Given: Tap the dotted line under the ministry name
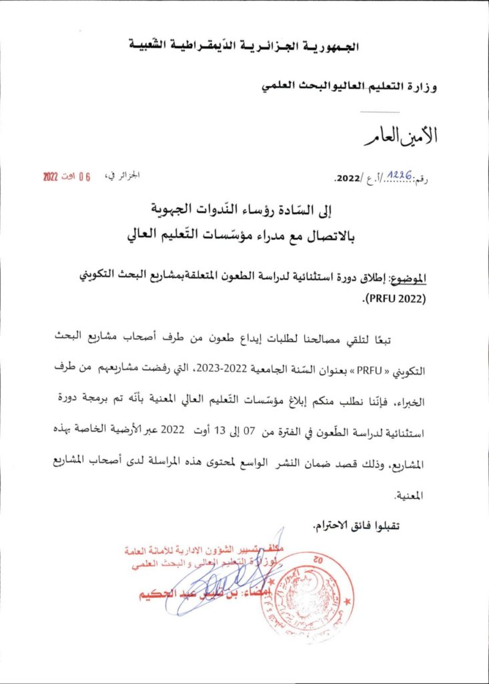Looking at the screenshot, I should tap(380, 112).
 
